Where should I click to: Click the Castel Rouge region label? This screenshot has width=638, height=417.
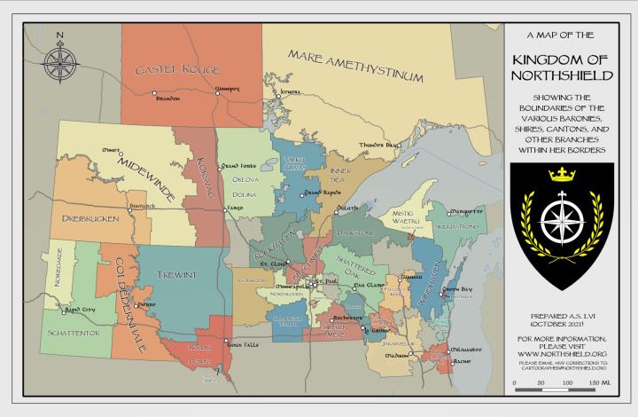tap(176, 69)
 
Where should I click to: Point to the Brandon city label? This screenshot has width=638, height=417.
tap(167, 98)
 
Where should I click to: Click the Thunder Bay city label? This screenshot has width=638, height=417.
tap(377, 145)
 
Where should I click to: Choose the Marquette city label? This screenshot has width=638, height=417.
tap(467, 212)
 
